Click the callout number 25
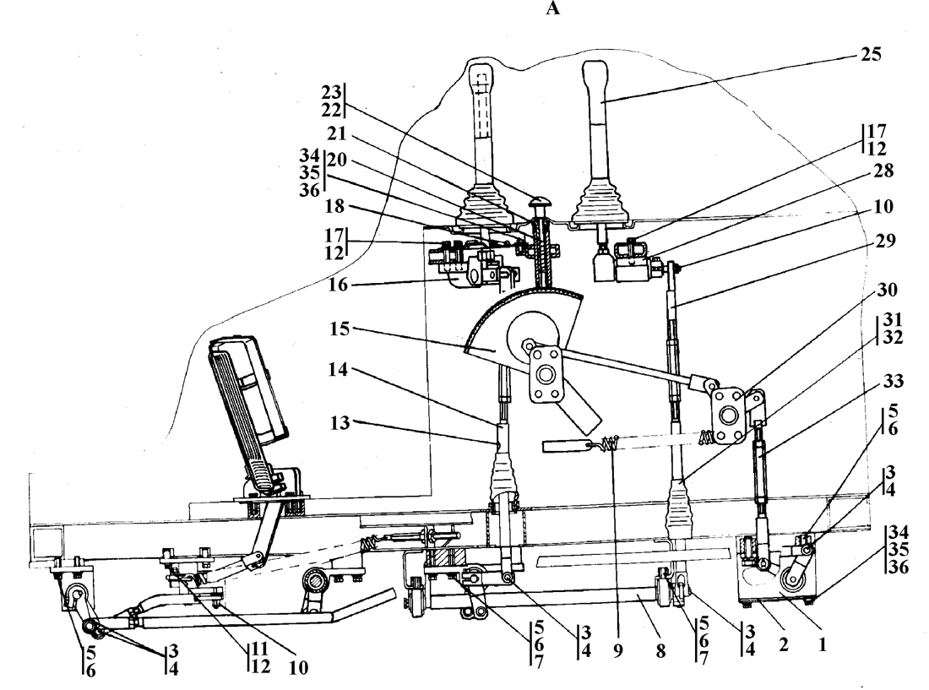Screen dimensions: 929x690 click(871, 55)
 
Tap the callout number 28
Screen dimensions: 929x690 click(883, 171)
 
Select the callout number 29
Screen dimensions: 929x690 click(885, 241)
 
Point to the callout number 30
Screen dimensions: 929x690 click(887, 290)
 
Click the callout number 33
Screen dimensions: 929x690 click(893, 381)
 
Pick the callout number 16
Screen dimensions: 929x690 click(339, 285)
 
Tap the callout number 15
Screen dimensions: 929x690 click(340, 329)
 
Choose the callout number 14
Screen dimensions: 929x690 click(340, 370)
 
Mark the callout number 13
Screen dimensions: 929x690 click(340, 423)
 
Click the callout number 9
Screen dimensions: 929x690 click(618, 651)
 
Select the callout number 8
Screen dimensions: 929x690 click(660, 651)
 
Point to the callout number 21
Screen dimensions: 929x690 click(336, 133)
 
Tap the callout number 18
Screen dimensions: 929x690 click(334, 206)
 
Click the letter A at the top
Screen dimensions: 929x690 click(552, 8)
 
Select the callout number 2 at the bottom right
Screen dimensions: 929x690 click(783, 644)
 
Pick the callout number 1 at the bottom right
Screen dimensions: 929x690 click(822, 644)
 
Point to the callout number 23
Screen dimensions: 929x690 click(332, 92)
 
